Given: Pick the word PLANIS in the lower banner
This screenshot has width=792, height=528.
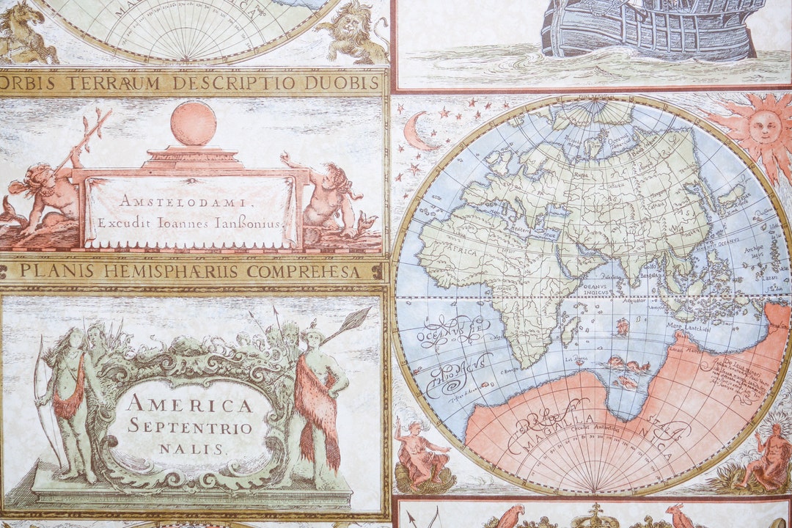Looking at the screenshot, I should point(46,271).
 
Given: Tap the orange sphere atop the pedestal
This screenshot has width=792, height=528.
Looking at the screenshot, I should point(194,123).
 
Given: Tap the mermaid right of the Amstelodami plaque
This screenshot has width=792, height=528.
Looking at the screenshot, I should point(330,198).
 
